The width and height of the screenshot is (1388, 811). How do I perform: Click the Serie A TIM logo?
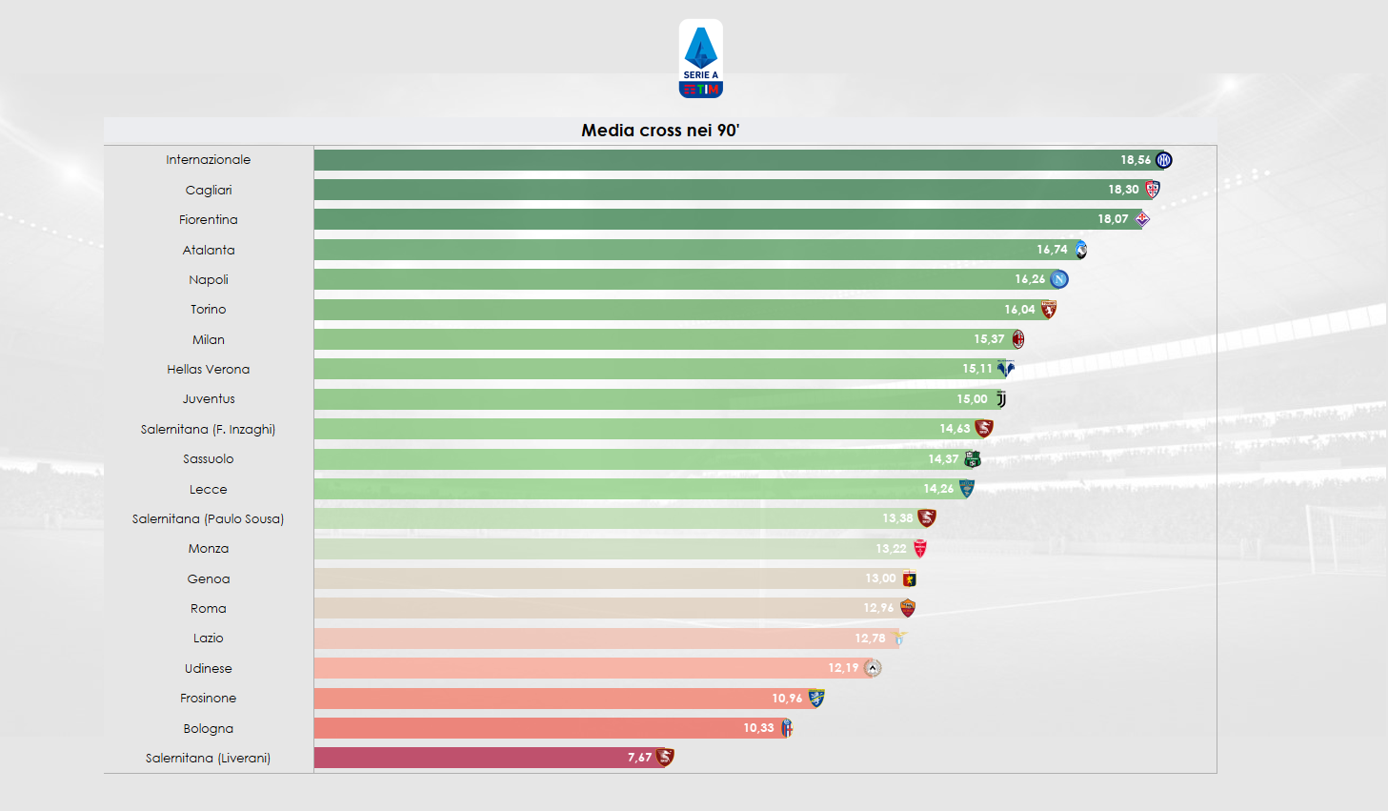click(x=700, y=59)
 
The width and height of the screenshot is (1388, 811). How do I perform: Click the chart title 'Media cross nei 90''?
click(x=660, y=131)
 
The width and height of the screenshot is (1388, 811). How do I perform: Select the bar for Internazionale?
click(x=714, y=160)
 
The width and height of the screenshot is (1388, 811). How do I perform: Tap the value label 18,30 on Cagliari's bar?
click(x=1123, y=190)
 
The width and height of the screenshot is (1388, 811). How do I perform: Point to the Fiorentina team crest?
click(x=1142, y=219)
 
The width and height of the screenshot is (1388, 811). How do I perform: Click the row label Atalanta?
click(x=209, y=250)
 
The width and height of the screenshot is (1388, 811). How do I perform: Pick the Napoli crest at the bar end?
click(x=1059, y=279)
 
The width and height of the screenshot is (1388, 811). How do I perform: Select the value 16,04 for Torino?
click(x=1019, y=310)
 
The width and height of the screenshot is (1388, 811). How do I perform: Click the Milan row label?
click(x=209, y=339)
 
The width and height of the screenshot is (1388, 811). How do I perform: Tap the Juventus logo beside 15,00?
click(x=1001, y=399)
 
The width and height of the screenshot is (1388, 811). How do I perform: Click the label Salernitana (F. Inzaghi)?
click(x=209, y=429)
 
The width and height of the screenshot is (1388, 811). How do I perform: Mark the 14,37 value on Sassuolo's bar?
click(x=943, y=459)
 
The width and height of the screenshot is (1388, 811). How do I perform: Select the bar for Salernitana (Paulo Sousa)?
click(x=591, y=518)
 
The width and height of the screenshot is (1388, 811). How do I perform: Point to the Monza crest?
click(x=920, y=549)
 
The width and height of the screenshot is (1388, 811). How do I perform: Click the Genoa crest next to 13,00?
click(x=910, y=578)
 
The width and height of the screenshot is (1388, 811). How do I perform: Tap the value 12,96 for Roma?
click(x=878, y=608)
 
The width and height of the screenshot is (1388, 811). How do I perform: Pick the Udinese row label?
click(x=209, y=668)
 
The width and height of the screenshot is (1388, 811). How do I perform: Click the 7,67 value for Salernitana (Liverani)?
click(x=639, y=758)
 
